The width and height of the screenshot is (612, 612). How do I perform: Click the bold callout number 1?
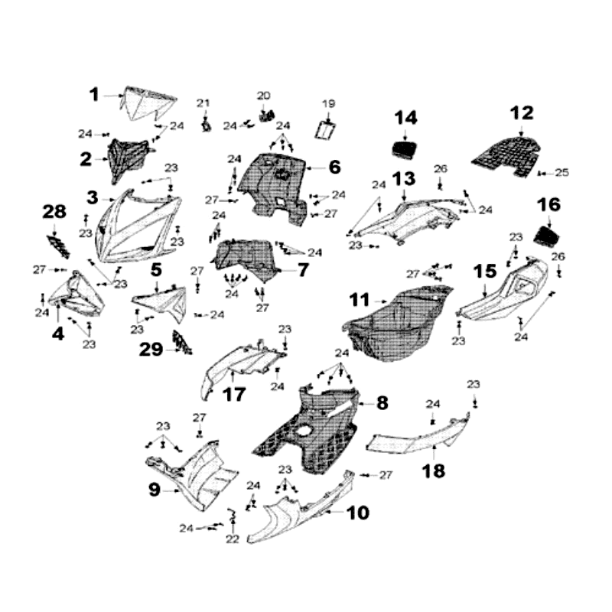[x=94, y=95]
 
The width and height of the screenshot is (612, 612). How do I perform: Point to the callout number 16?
[x=549, y=204]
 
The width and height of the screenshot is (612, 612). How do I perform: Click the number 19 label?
[x=328, y=103]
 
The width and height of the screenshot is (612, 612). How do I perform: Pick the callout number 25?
[x=562, y=173]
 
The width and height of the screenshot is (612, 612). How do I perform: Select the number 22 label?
[x=233, y=539]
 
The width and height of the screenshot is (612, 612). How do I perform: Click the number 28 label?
[x=55, y=211]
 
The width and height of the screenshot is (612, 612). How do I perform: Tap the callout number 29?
[x=151, y=350]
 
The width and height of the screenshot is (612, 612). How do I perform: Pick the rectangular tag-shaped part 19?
[x=328, y=128]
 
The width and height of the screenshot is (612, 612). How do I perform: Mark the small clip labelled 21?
[x=206, y=123]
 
